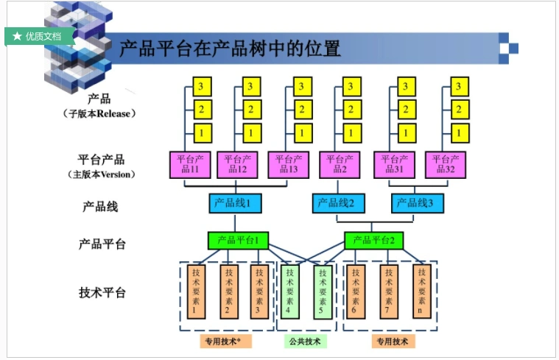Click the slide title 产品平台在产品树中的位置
[230, 49]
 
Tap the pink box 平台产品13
[287, 163]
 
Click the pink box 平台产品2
[339, 163]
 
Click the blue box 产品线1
[235, 202]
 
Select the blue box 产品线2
[338, 202]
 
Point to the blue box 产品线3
[417, 202]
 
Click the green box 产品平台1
[237, 240]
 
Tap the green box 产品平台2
[373, 240]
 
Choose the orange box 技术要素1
[194, 291]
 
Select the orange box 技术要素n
[421, 291]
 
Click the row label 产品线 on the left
[101, 206]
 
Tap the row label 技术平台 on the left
[102, 292]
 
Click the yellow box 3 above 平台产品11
[200, 87]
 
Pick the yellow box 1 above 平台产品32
[458, 133]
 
